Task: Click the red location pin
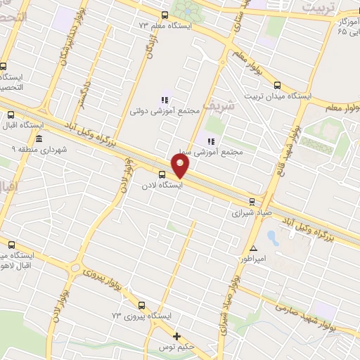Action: [181, 165]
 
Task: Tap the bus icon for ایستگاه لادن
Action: [162, 174]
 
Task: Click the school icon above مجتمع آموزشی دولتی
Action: [165, 100]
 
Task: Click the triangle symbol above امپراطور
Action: [254, 248]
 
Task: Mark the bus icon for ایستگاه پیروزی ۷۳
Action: [142, 306]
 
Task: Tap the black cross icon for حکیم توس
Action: [177, 336]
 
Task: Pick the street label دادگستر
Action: [86, 96]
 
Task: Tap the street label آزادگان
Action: [149, 46]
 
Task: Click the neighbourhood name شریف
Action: [212, 107]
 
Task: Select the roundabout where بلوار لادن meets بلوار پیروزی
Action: [75, 268]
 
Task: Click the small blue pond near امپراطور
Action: [273, 238]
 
